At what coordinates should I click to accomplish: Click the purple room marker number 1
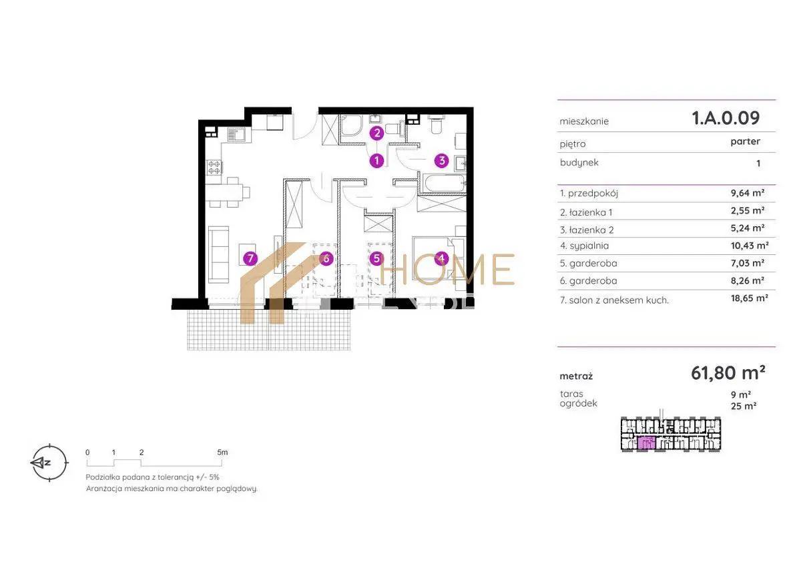point(376,161)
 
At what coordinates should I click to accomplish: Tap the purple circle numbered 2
point(376,133)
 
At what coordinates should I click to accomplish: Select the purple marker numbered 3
point(442,161)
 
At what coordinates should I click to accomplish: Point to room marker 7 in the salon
point(250,258)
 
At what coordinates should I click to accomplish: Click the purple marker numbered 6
point(326,258)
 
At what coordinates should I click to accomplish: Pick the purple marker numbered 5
point(376,258)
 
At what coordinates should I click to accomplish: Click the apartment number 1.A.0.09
point(726,118)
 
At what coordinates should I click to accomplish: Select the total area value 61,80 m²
point(728,373)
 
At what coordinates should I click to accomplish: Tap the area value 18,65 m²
point(749,298)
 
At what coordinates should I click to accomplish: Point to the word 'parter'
point(745,141)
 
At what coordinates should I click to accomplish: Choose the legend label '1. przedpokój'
point(589,194)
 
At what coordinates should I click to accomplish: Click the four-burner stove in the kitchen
point(214,168)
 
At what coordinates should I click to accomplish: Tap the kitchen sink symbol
point(236,135)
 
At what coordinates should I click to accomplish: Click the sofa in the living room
point(218,254)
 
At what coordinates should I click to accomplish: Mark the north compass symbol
point(49,463)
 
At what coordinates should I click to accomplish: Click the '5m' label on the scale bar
point(222,453)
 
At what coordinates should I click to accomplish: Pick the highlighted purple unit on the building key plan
point(646,443)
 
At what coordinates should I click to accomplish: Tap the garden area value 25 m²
point(744,406)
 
